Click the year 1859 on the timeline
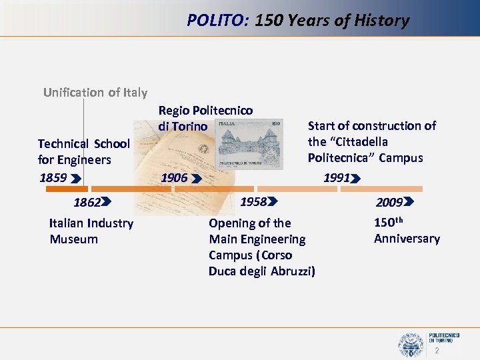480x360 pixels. pyautogui.click(x=53, y=178)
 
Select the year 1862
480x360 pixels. pyautogui.click(x=87, y=203)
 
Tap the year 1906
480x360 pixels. pyautogui.click(x=174, y=178)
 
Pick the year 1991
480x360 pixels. pyautogui.click(x=336, y=178)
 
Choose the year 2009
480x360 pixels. pyautogui.click(x=389, y=202)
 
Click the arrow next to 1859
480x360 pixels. pyautogui.click(x=75, y=179)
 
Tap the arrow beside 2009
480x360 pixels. pyautogui.click(x=409, y=201)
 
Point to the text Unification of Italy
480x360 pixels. pyautogui.click(x=95, y=93)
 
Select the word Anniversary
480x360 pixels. pyautogui.click(x=407, y=239)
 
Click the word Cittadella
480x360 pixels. pyautogui.click(x=358, y=142)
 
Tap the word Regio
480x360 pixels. pyautogui.click(x=173, y=110)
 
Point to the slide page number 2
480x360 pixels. pyautogui.click(x=437, y=351)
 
